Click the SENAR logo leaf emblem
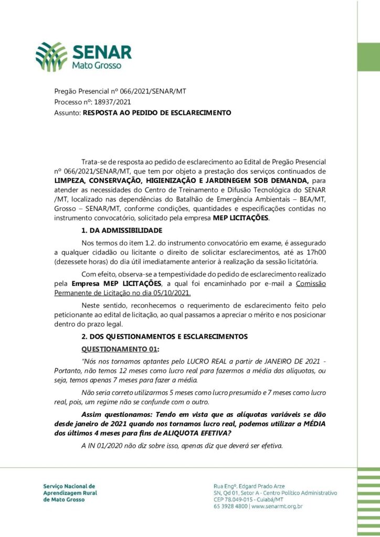pos(51,57)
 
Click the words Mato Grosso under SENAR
pos(97,67)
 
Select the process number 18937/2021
pos(112,102)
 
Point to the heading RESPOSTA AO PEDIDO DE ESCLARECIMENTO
pos(157,112)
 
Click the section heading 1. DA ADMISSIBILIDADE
pos(122,230)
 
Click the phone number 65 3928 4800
pos(231,507)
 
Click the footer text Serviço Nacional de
pos(69,486)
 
